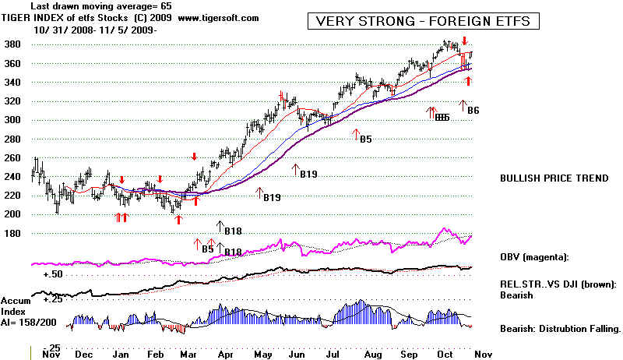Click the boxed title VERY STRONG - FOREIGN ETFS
tap(423, 21)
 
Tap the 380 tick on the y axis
tap(13, 44)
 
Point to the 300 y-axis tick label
tap(13, 120)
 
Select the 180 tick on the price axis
tap(13, 233)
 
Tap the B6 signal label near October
tap(473, 111)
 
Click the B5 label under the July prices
tap(365, 139)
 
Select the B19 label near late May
tap(308, 175)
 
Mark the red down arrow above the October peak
tap(465, 40)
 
